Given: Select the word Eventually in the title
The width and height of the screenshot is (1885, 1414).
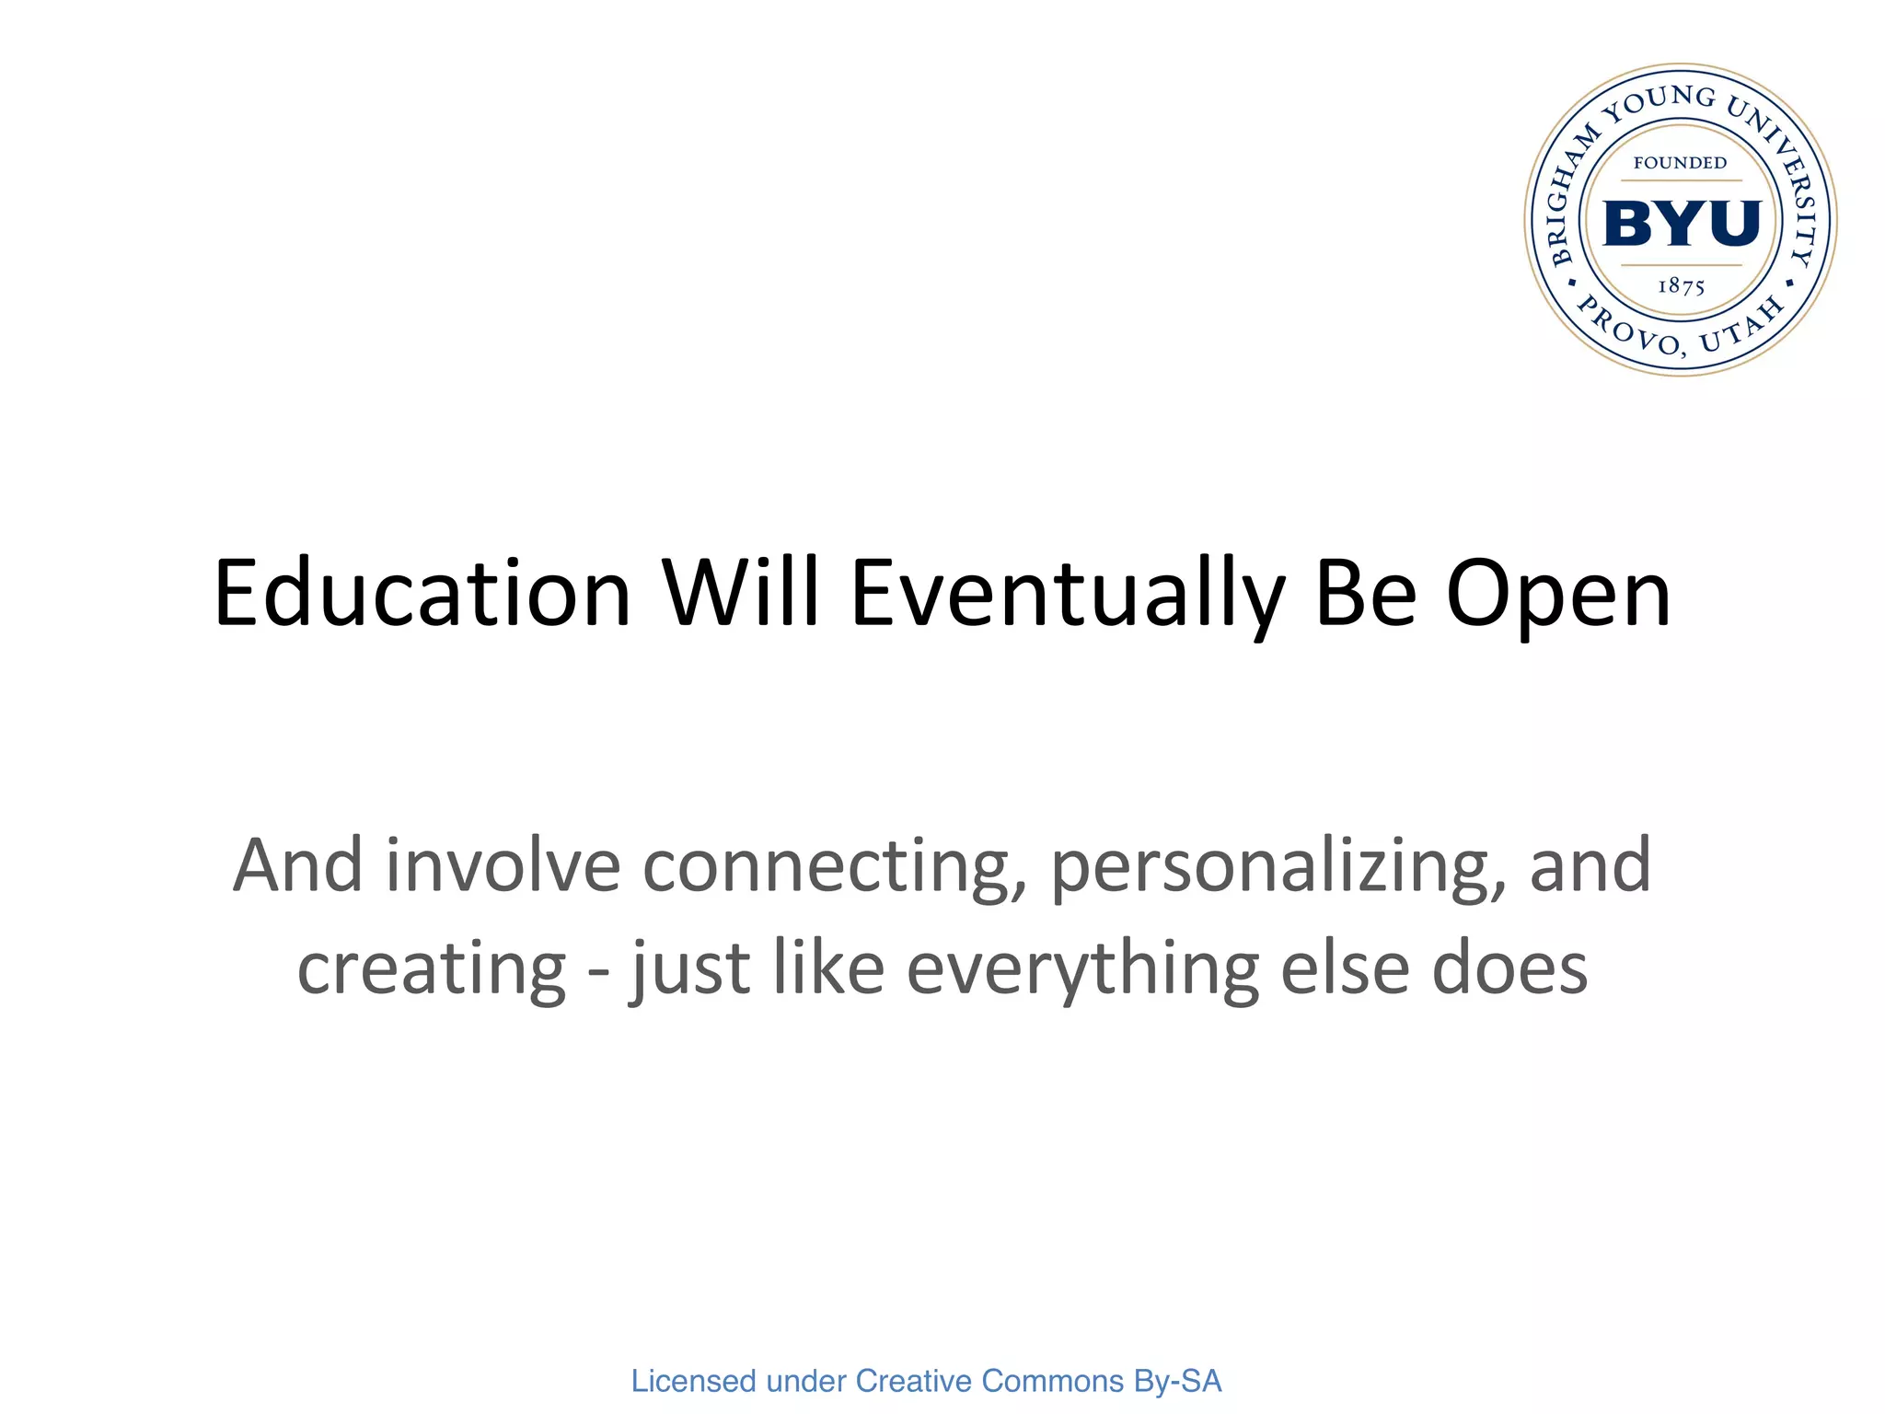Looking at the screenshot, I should (x=1068, y=596).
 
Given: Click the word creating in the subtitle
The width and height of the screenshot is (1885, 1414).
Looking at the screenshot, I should (x=431, y=970).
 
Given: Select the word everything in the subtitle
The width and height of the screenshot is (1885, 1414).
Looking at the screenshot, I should (x=1082, y=970).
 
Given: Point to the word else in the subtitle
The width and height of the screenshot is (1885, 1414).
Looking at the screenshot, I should (x=1345, y=968).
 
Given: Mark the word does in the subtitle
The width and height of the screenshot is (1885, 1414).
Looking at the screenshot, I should (x=1509, y=968).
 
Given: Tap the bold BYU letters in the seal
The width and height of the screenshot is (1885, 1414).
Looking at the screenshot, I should (x=1682, y=223).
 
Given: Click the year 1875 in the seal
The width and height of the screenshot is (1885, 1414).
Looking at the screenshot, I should (x=1681, y=286).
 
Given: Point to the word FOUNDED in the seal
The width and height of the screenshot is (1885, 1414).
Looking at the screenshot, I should (x=1680, y=164).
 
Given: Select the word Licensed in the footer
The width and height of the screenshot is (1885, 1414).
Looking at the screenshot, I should (x=693, y=1381).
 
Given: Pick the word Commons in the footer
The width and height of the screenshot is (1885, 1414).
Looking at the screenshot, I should (x=1053, y=1381).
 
